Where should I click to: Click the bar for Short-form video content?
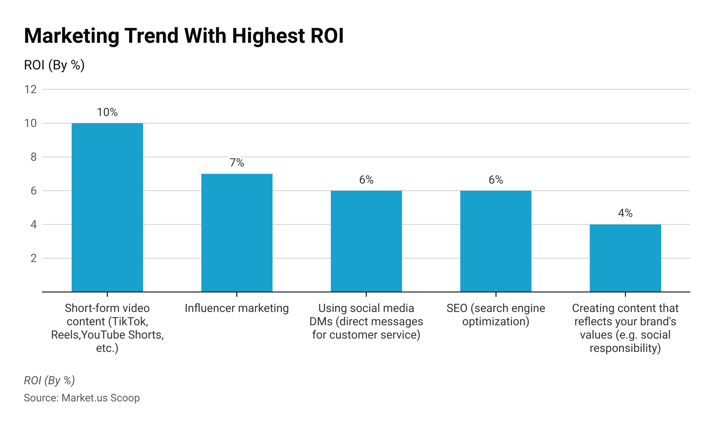[107, 207]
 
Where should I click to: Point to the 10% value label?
[107, 112]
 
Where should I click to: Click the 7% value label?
[237, 163]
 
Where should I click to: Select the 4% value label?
[625, 213]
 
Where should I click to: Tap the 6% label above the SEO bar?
[496, 180]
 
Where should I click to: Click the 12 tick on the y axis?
[31, 89]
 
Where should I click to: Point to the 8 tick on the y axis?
[34, 157]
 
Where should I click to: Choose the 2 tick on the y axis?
[34, 258]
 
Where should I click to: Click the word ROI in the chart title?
[327, 36]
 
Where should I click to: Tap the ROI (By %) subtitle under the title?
[54, 65]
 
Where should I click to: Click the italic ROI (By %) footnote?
[49, 380]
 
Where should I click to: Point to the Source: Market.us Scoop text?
[82, 398]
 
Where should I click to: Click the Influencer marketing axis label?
[237, 308]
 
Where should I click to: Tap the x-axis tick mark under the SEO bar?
[496, 294]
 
